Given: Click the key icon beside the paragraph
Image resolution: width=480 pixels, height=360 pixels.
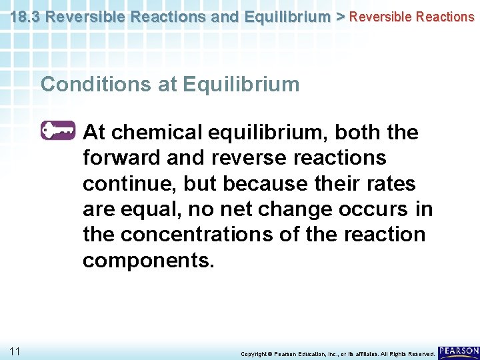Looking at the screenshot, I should tap(58, 131).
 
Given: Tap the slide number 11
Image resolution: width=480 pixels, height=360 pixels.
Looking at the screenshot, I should tap(15, 351).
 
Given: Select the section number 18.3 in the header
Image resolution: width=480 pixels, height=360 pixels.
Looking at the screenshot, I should tap(25, 16).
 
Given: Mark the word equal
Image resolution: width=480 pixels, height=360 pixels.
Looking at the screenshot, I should tap(152, 209).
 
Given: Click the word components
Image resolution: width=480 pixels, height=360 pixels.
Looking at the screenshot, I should tap(148, 260).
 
